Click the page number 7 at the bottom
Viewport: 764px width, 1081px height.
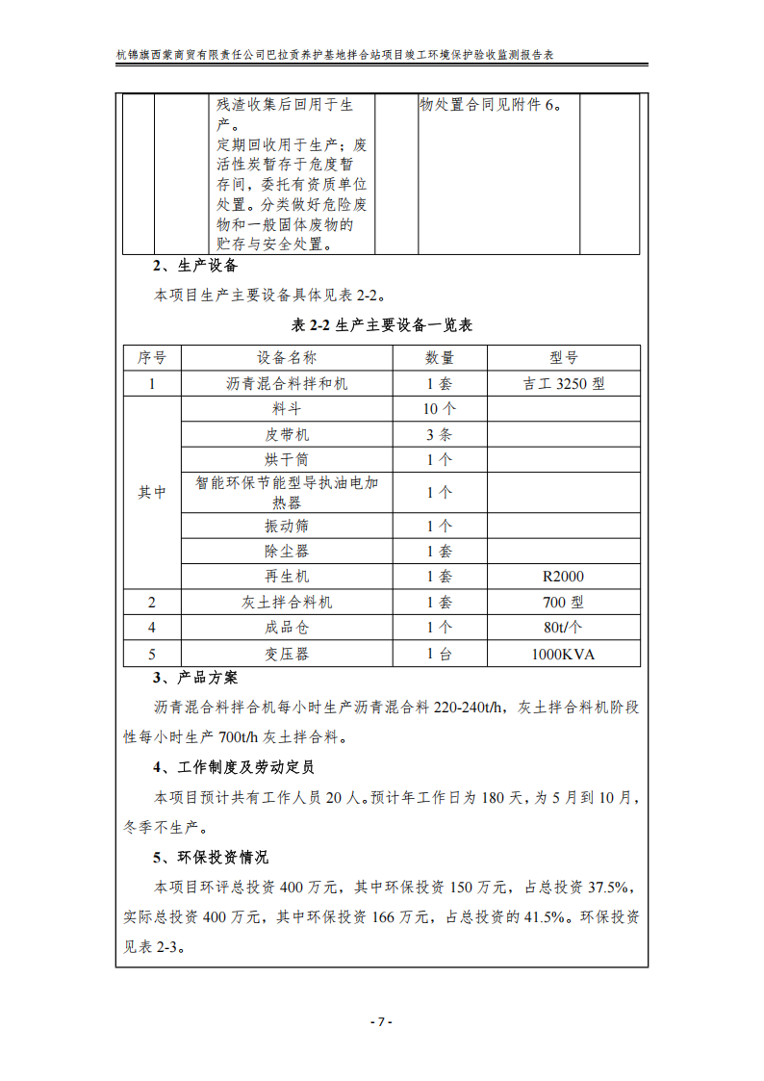tap(382, 1021)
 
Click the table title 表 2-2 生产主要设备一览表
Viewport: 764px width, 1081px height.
tap(382, 325)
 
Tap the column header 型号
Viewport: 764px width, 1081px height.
tap(564, 358)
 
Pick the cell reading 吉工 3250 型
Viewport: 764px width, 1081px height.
tap(564, 383)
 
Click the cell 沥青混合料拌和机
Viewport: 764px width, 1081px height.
tap(287, 383)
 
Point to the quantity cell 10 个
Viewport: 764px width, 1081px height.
tap(439, 408)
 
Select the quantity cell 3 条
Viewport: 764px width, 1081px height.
tap(439, 433)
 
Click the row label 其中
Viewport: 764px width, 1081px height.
tap(152, 492)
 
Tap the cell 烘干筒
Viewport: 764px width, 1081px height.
tap(287, 459)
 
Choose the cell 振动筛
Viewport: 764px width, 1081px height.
tap(287, 527)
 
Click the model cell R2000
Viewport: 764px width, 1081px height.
tap(564, 577)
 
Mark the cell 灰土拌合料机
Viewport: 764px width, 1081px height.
tap(287, 602)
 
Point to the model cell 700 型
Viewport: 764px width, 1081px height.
tap(564, 602)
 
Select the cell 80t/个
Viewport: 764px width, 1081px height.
tap(564, 628)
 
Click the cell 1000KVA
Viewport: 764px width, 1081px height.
tap(564, 654)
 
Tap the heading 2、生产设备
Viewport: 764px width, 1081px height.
tap(195, 266)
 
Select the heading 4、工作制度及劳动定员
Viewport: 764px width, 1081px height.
tap(234, 767)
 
